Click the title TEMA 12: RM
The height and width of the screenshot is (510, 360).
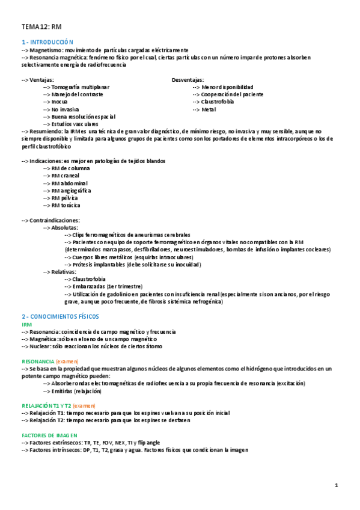point(41,27)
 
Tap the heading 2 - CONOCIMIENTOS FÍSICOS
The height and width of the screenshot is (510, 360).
point(60,316)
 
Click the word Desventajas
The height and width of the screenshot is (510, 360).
point(187,79)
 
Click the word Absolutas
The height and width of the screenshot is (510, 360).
point(65,227)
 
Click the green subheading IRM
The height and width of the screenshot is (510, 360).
point(26,324)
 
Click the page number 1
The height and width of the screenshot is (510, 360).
point(337,485)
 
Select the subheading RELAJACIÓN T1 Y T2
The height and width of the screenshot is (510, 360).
point(46,406)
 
